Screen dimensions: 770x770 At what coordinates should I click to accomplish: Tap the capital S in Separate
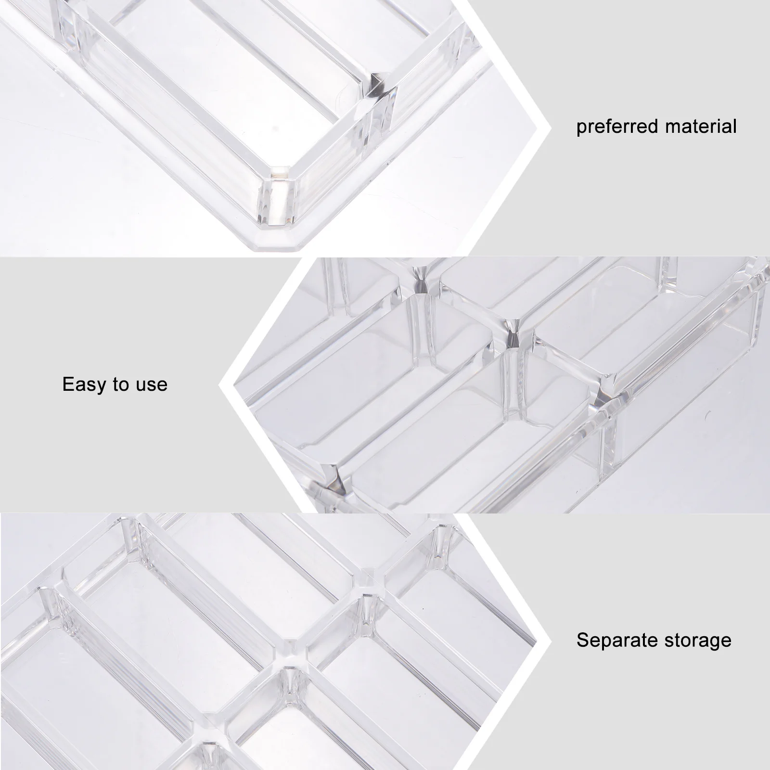[x=583, y=640]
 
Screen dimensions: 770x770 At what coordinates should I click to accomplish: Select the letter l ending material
[x=734, y=126]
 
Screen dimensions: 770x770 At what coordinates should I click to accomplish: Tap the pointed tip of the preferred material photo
[x=550, y=129]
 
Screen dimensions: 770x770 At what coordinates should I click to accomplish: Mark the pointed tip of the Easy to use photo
[x=220, y=385]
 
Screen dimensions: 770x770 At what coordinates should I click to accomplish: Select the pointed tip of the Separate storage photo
[x=550, y=642]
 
